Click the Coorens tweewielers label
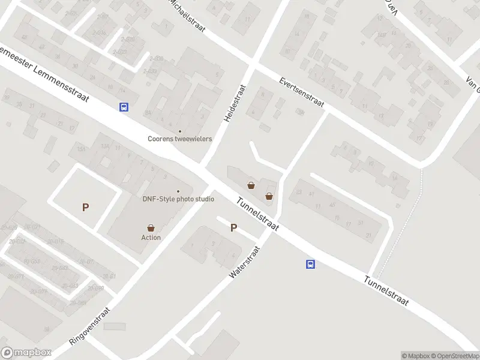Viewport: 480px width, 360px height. point(180,139)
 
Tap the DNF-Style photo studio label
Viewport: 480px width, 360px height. point(178,199)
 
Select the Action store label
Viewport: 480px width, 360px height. point(151,237)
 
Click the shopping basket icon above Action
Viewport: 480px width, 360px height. point(151,228)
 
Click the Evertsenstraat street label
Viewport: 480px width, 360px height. point(302,93)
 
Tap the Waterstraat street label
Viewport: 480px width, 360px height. point(244,262)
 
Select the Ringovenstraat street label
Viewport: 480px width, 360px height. point(90,326)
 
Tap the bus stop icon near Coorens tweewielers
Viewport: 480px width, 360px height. point(124,107)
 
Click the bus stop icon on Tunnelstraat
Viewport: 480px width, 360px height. point(311,264)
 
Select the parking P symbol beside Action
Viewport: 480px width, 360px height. point(86,208)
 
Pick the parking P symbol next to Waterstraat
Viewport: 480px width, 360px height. point(234,228)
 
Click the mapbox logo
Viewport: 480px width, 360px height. point(26,353)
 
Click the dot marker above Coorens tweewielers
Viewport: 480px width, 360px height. point(179,131)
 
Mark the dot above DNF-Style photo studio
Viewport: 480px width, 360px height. point(178,191)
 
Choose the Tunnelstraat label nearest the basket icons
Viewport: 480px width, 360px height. point(258,214)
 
